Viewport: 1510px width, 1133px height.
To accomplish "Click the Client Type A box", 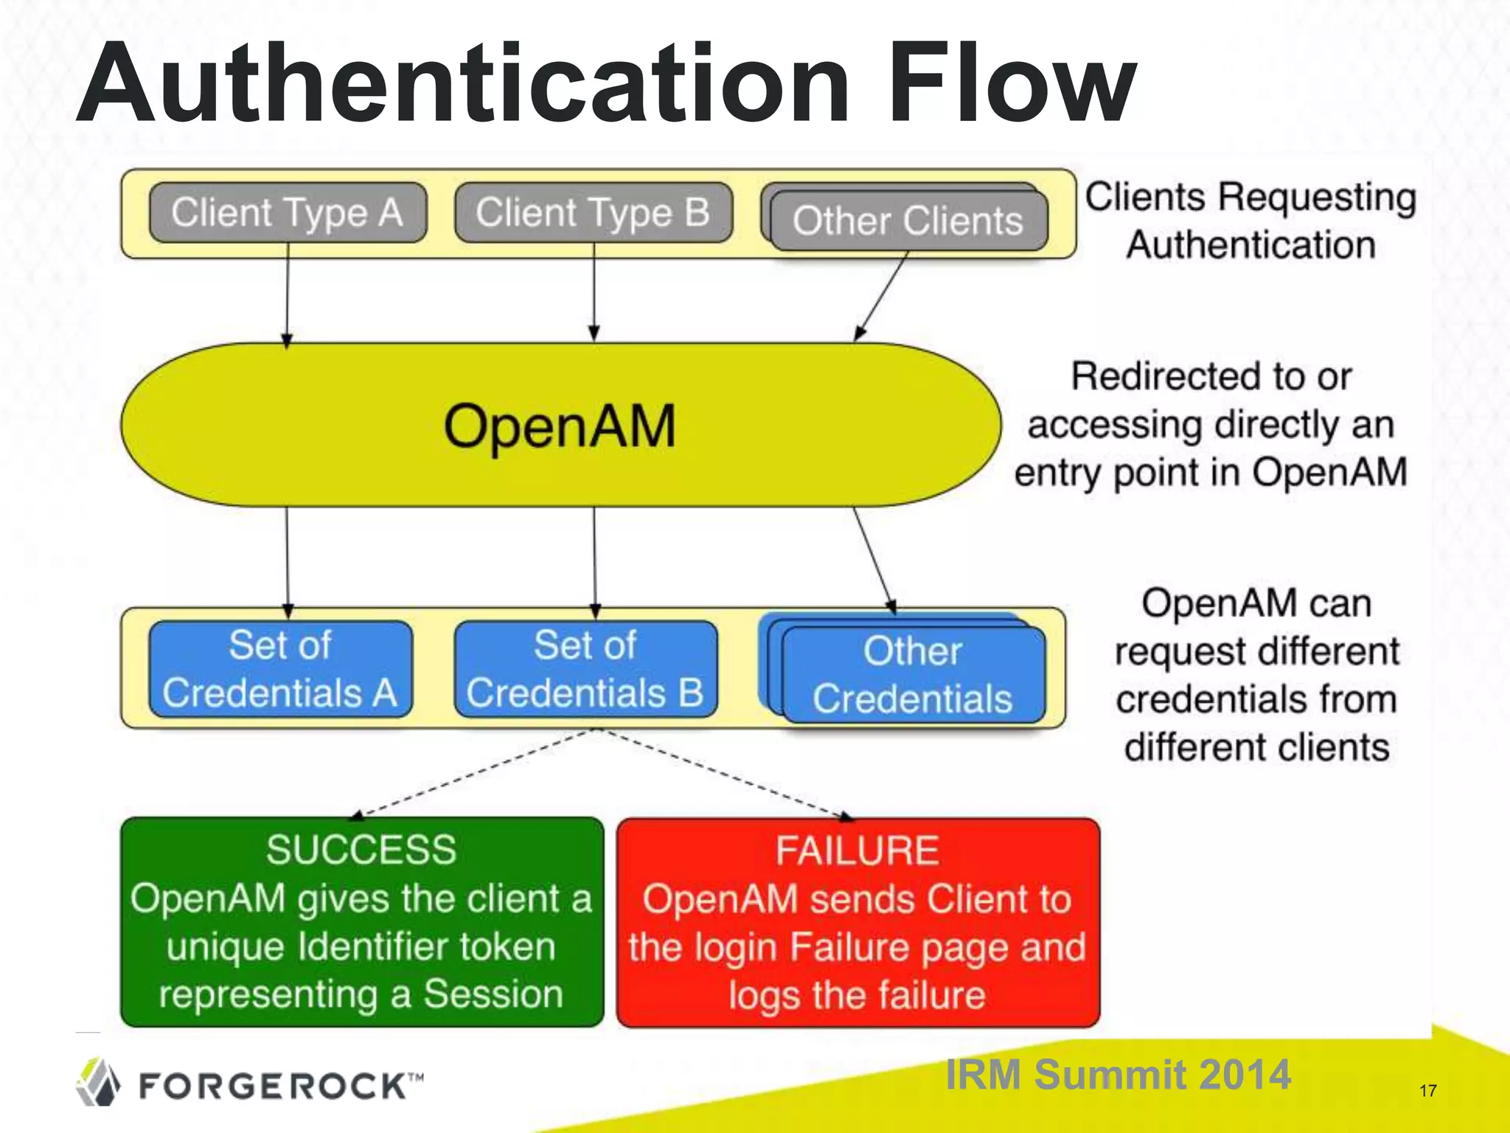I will (x=288, y=212).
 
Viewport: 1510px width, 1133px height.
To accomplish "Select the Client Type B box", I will (x=594, y=212).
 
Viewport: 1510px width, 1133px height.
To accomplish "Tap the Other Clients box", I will (x=908, y=221).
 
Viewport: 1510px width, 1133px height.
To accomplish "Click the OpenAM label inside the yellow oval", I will (x=560, y=426).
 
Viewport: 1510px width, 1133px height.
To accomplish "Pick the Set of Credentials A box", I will (x=280, y=669).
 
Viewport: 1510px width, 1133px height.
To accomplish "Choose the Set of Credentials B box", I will (x=585, y=669).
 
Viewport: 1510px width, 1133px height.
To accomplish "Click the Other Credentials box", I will (x=913, y=675).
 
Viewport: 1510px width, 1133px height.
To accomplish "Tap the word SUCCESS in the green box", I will (x=361, y=850).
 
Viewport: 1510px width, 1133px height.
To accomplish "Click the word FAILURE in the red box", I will (x=857, y=850).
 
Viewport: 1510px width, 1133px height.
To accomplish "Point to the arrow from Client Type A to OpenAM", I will (x=288, y=295).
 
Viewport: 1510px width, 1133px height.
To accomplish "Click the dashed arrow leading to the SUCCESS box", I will (x=472, y=775).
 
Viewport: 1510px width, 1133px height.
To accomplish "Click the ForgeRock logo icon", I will (x=98, y=1082).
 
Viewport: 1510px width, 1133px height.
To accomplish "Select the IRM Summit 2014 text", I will (x=1117, y=1074).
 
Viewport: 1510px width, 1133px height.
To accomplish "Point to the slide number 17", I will (x=1427, y=1091).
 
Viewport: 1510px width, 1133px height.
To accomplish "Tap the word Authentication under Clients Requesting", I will (x=1251, y=245).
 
